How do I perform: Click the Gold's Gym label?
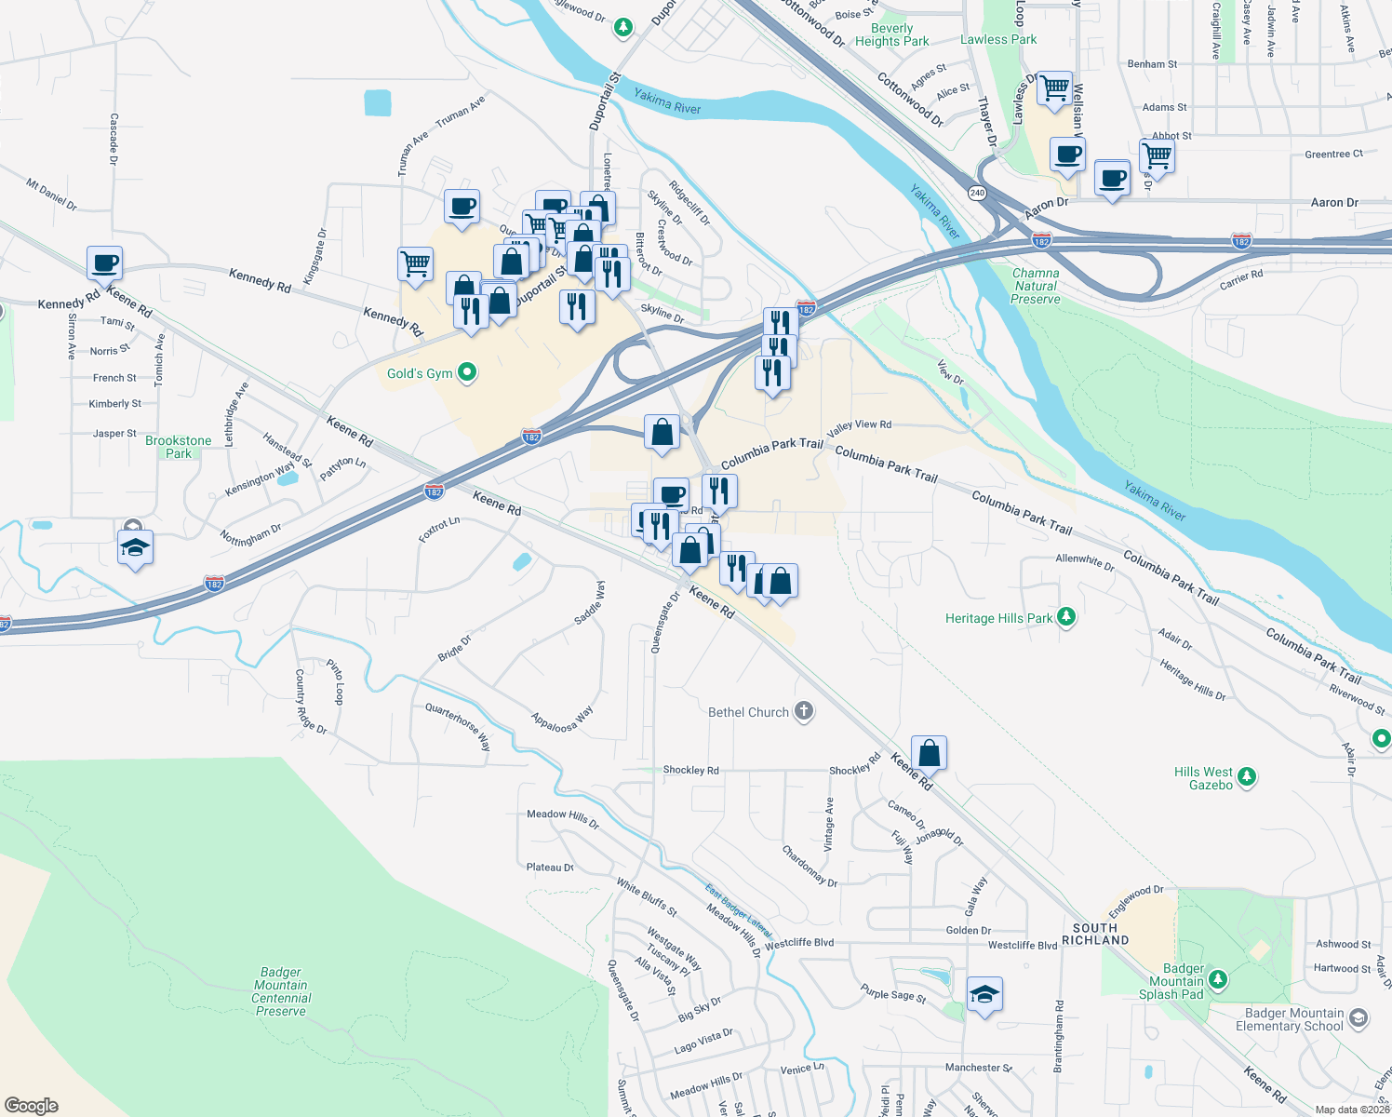(x=420, y=373)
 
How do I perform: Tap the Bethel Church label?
(x=748, y=712)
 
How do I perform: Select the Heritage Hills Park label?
(x=998, y=618)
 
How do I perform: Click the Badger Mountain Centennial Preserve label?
(x=281, y=991)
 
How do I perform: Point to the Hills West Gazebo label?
(x=1203, y=778)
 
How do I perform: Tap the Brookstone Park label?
(x=178, y=447)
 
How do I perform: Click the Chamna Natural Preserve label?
(x=1036, y=286)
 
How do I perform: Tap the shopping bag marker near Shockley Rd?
(x=929, y=752)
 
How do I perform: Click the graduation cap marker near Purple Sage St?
(x=984, y=995)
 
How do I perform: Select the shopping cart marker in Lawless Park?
(x=1054, y=88)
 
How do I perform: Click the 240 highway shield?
(x=977, y=193)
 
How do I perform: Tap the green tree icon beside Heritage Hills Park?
(x=1066, y=616)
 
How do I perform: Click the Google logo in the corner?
(x=32, y=1105)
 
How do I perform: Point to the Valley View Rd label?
(x=859, y=425)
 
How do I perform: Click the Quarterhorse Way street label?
(x=458, y=726)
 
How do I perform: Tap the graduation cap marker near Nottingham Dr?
(x=135, y=547)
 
